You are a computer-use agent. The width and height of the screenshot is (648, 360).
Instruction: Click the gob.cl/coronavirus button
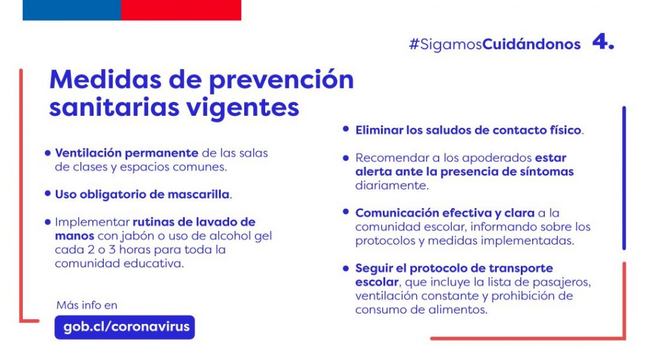(125, 327)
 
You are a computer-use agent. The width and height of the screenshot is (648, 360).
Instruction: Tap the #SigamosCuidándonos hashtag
(495, 44)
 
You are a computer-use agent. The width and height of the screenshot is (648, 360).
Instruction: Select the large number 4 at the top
(603, 42)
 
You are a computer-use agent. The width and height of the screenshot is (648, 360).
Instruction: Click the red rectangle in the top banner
(181, 10)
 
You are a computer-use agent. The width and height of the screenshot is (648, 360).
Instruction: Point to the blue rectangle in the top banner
(72, 10)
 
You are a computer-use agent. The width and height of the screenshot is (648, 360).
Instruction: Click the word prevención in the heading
(282, 80)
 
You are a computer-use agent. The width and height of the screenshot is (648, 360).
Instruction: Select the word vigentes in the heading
(242, 108)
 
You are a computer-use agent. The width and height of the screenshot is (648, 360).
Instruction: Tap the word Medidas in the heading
(106, 79)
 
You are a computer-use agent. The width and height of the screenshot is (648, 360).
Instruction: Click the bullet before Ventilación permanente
(47, 153)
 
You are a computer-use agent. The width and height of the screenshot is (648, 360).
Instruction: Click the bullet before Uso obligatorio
(47, 194)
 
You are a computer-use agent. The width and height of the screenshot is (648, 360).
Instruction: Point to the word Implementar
(92, 222)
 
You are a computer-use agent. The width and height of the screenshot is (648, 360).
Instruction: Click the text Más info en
(87, 305)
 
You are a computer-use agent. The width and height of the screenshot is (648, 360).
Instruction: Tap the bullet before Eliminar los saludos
(346, 129)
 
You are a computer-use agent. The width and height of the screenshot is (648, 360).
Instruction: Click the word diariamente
(392, 185)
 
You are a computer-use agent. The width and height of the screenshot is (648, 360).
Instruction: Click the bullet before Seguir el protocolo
(346, 268)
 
